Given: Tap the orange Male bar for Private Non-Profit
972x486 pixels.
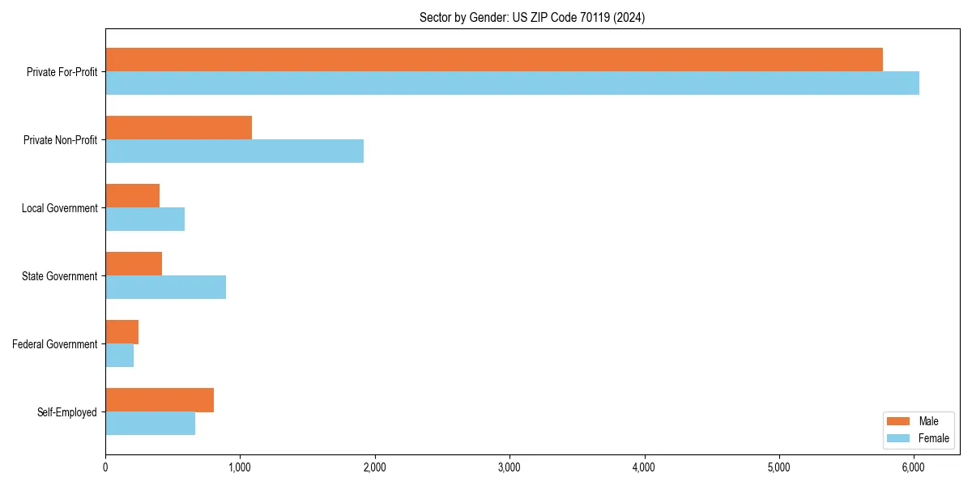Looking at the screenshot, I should pyautogui.click(x=178, y=128).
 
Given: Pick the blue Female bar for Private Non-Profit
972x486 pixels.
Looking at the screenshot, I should pyautogui.click(x=234, y=151).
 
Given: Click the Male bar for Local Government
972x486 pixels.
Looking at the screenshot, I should pyautogui.click(x=132, y=196).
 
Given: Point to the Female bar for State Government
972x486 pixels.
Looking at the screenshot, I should pyautogui.click(x=165, y=288).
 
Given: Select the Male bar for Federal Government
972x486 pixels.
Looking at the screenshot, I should pyautogui.click(x=122, y=332).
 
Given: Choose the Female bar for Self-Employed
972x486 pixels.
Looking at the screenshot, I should pyautogui.click(x=150, y=424).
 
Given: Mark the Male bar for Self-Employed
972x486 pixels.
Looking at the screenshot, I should pyautogui.click(x=160, y=400).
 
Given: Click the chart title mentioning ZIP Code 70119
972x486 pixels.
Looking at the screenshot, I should pyautogui.click(x=532, y=17).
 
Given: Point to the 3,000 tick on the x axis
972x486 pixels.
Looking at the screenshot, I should pyautogui.click(x=509, y=467).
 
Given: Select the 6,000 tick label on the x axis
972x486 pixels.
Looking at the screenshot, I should pyautogui.click(x=913, y=467).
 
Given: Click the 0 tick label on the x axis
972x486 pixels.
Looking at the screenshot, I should pyautogui.click(x=105, y=467).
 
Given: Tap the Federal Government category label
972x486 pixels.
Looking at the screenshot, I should pyautogui.click(x=55, y=344).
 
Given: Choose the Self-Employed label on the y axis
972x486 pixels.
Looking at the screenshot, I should pyautogui.click(x=67, y=412).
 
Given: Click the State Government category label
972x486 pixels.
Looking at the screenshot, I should pyautogui.click(x=60, y=276).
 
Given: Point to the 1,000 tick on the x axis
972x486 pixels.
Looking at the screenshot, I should pyautogui.click(x=240, y=467).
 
